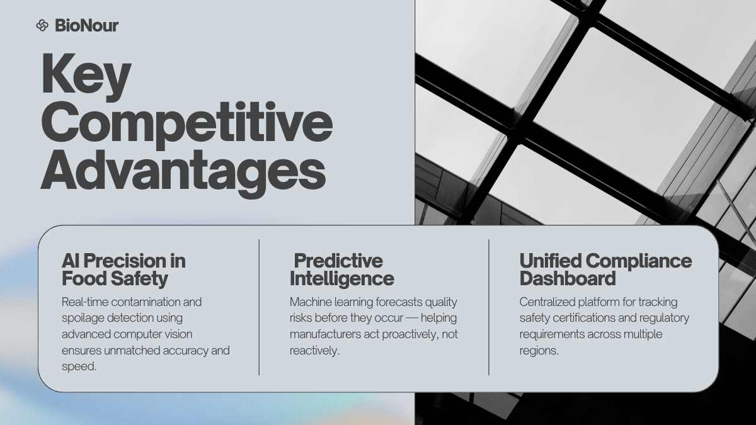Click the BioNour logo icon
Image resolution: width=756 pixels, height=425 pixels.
[42, 25]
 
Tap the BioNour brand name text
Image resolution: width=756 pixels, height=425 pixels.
[87, 26]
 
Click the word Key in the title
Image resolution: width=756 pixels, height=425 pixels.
[86, 77]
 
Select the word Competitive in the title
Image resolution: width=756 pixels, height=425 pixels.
[186, 125]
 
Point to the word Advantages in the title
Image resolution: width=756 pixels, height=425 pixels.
[183, 174]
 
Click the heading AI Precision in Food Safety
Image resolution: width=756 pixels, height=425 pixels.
[123, 270]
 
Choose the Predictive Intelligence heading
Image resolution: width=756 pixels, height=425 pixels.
[342, 270]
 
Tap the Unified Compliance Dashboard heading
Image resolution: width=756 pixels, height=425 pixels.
[605, 270]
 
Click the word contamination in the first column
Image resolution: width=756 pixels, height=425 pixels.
[146, 302]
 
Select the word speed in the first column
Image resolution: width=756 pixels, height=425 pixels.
[79, 367]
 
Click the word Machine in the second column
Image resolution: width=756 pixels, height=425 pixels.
[311, 302]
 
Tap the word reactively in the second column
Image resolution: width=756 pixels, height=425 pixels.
[314, 351]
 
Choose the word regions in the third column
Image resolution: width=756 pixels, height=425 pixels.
[539, 351]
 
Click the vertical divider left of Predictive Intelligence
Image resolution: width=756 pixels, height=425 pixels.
[259, 307]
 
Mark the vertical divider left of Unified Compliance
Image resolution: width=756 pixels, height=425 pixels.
[489, 307]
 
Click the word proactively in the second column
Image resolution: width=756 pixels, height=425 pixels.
[405, 335]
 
